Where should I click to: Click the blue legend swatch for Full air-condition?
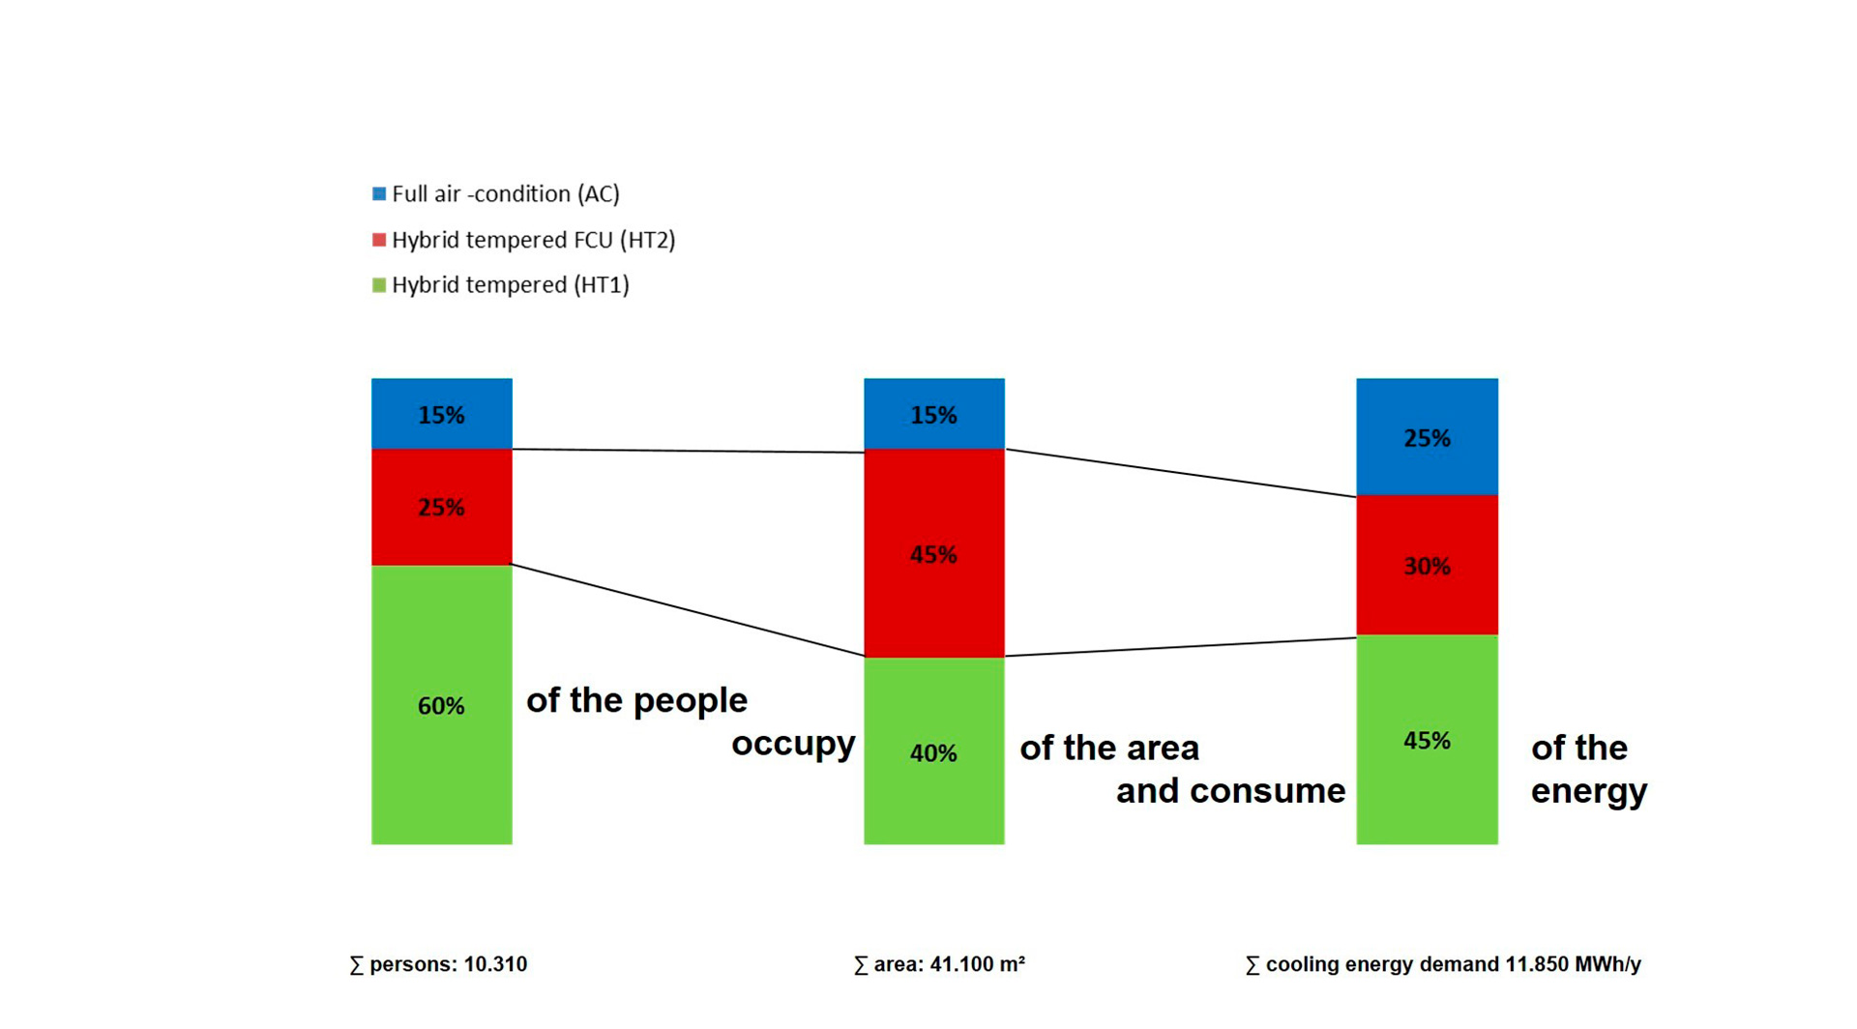[379, 194]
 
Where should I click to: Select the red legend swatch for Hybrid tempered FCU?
[379, 240]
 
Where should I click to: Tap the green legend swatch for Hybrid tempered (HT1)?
[379, 285]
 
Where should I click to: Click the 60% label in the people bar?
[441, 707]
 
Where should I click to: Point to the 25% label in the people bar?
[441, 508]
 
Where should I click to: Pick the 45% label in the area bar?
[933, 555]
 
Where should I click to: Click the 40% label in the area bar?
[933, 753]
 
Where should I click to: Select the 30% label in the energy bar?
[1427, 567]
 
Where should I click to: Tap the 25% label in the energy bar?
[1427, 439]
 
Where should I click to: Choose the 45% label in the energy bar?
[1427, 741]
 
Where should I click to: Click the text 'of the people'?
[636, 700]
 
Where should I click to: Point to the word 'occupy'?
[793, 744]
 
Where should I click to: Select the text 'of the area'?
[1109, 748]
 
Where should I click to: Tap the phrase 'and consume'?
[1230, 791]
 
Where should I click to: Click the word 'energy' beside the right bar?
[1588, 792]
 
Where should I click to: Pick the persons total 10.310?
[495, 964]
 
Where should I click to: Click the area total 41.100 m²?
[977, 964]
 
